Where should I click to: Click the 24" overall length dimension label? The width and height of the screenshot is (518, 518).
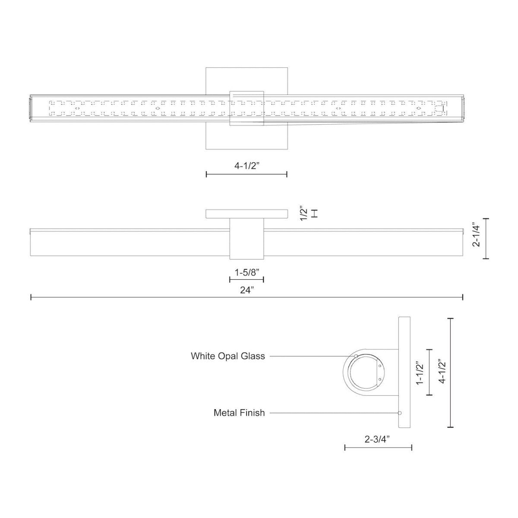coord(246,291)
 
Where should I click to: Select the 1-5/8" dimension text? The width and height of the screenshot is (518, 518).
coord(246,272)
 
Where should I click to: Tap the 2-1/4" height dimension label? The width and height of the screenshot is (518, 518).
coord(476,239)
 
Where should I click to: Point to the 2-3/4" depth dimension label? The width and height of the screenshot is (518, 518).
coord(377,440)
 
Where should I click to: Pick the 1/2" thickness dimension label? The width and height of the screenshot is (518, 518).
coord(304,213)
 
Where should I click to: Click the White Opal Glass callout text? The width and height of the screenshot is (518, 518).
coord(228,356)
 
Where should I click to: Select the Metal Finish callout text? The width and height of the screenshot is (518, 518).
coord(239,413)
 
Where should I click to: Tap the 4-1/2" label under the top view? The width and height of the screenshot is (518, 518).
coord(246,165)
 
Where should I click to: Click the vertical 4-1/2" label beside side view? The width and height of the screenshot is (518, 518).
coord(441,373)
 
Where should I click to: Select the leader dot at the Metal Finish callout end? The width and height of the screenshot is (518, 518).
coord(400,413)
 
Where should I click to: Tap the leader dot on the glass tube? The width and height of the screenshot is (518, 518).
coord(356,356)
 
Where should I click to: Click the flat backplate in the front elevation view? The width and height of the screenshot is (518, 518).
coord(246,214)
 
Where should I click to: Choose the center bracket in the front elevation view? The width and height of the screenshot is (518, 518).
coord(246,239)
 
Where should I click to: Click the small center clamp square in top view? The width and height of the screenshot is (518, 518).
coord(246,108)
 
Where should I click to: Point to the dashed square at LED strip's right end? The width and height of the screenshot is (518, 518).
coord(439,109)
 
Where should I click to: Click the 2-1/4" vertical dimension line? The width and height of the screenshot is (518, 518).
coord(486,239)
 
